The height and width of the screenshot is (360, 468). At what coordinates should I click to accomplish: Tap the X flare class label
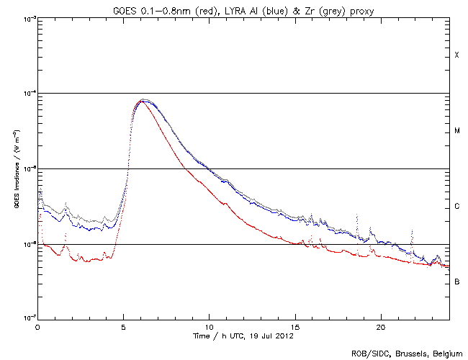[x=456, y=55]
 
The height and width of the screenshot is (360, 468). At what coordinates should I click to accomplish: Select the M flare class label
[x=456, y=131]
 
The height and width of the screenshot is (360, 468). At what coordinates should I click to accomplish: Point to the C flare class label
[x=456, y=207]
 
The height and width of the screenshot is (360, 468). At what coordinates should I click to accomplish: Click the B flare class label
[x=456, y=282]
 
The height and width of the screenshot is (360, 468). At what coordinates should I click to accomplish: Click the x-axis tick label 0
[x=37, y=327]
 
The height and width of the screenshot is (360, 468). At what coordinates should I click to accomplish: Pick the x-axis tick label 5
[x=123, y=327]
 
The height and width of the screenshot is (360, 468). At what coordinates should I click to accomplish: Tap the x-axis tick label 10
[x=209, y=327]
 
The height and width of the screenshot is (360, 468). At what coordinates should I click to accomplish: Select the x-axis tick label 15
[x=294, y=327]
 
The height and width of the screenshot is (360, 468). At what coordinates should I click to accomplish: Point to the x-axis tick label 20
[x=380, y=327]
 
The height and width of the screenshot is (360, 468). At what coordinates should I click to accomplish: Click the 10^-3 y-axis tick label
[x=27, y=19]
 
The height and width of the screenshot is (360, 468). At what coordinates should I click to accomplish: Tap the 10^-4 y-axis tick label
[x=27, y=94]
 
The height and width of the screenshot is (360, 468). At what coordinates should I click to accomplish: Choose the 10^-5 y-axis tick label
[x=27, y=169]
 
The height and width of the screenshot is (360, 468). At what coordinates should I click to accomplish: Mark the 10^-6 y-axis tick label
[x=27, y=244]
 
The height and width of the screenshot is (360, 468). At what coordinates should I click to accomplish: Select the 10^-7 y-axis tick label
[x=27, y=319]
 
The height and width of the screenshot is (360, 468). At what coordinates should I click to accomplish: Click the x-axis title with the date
[x=243, y=336]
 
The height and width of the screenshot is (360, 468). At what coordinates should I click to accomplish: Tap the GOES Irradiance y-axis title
[x=16, y=169]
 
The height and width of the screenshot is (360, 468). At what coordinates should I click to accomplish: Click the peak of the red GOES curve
[x=143, y=102]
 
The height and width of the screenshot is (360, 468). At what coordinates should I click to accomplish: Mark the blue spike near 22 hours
[x=412, y=232]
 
